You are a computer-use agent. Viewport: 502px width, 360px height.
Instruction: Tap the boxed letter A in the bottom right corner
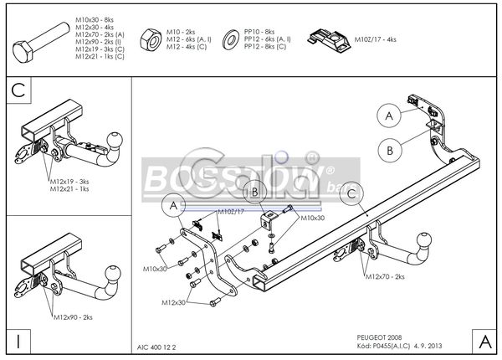coord(482,341)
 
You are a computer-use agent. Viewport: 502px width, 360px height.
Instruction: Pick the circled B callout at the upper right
coord(389,150)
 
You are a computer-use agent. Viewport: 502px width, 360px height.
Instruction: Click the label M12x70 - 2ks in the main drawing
coord(384,275)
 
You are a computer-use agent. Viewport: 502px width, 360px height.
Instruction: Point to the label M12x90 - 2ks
coord(74,318)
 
